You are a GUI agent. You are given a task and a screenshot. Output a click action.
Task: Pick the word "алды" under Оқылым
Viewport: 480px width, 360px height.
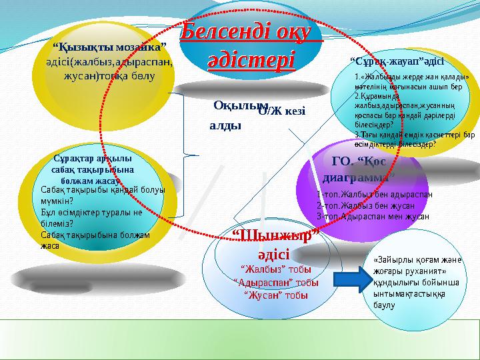[225, 125]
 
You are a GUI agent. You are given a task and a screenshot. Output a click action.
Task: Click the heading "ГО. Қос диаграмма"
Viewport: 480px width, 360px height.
[358, 169]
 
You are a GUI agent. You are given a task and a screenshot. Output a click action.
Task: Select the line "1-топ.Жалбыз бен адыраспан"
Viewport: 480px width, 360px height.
[375, 194]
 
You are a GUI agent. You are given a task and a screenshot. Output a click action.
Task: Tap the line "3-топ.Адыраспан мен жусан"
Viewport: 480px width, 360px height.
[373, 216]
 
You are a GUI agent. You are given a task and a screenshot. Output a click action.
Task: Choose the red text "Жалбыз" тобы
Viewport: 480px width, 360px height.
[269, 269]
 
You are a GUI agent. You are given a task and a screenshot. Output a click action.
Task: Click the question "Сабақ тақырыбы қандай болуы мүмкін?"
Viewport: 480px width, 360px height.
[102, 193]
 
